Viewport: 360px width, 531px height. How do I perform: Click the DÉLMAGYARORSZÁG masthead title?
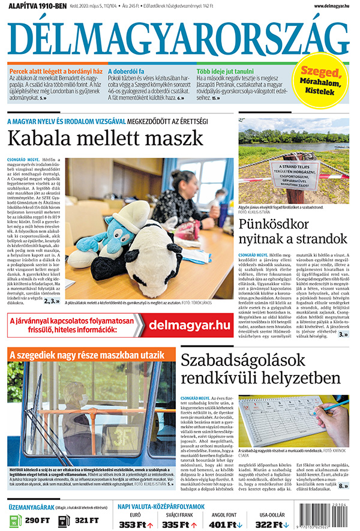point(179,38)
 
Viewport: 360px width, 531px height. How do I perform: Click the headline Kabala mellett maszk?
point(105,138)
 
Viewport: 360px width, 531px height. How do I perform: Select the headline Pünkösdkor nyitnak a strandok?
point(293,232)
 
